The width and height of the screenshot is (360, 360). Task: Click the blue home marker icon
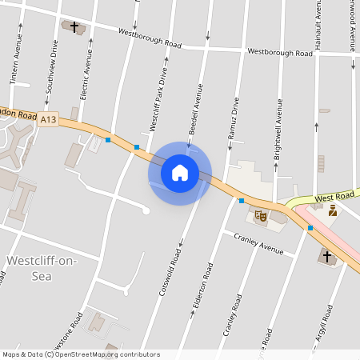point(179,172)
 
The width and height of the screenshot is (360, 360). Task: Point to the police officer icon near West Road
point(333,210)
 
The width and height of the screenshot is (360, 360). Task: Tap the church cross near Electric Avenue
point(75,27)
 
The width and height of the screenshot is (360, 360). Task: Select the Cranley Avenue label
point(258,243)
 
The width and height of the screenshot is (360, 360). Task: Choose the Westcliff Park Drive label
point(158,99)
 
